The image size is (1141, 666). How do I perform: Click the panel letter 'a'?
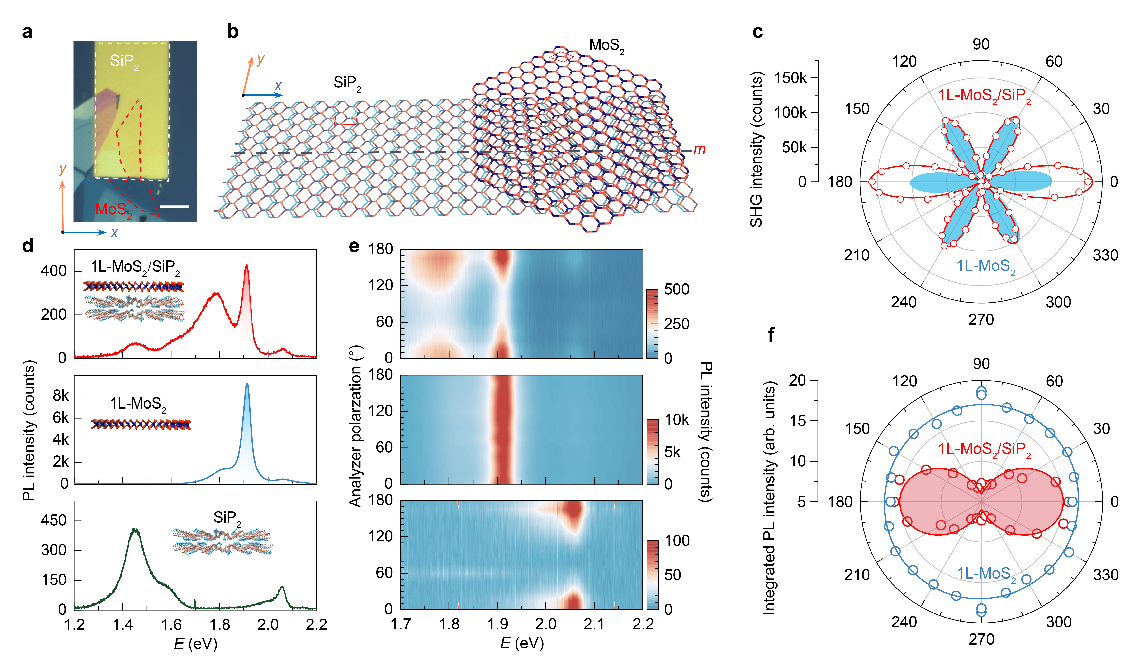pos(27,33)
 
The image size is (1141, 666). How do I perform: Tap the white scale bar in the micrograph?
pos(174,207)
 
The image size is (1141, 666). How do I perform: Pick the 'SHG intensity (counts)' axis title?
pos(756,150)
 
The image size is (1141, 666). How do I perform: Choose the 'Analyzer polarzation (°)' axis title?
pos(355,426)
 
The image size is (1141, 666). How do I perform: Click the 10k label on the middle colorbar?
pos(677,420)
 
